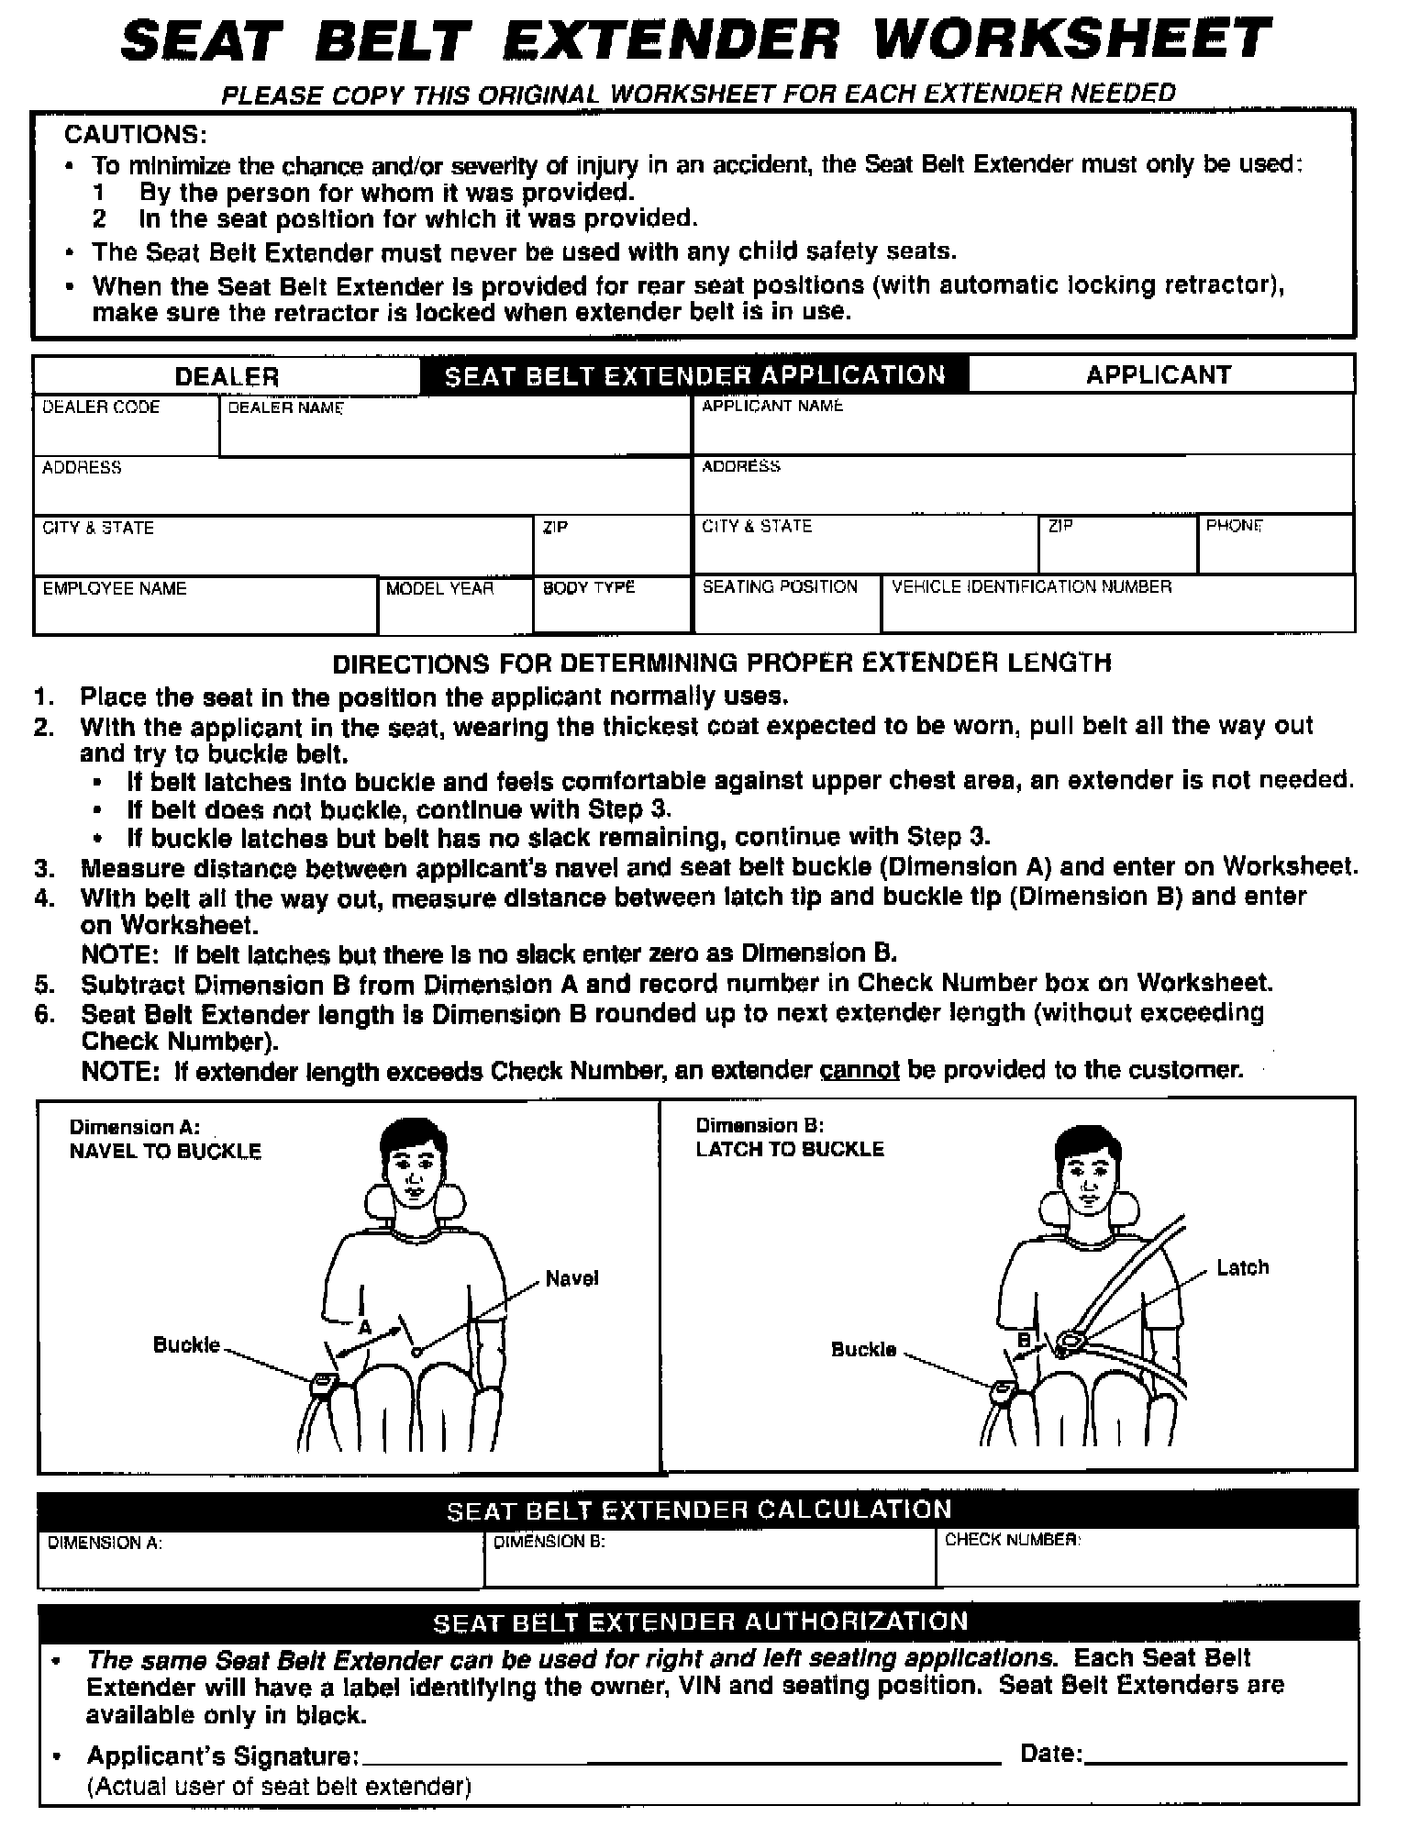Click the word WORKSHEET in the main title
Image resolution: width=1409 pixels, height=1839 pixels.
click(x=1071, y=41)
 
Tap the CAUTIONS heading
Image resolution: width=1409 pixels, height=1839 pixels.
click(x=135, y=135)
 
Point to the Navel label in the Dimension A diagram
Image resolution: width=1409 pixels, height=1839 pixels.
click(x=571, y=1278)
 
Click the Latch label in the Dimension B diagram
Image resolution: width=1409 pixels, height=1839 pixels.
click(x=1242, y=1267)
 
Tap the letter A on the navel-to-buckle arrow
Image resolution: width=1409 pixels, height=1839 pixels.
click(x=365, y=1327)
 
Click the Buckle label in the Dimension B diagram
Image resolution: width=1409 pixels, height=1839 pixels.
click(x=863, y=1349)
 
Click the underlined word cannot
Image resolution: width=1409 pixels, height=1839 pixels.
click(x=859, y=1070)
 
